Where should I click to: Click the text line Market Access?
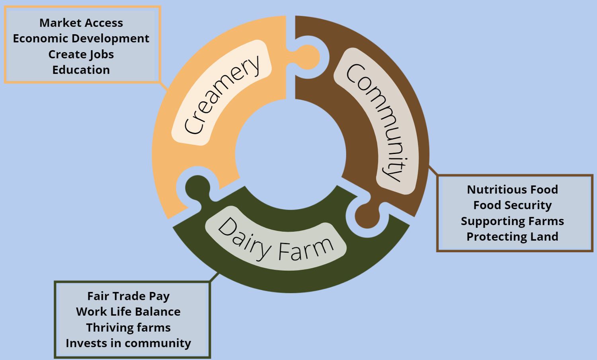tap(81, 23)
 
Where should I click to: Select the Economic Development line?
tap(81, 39)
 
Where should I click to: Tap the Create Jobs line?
tap(81, 54)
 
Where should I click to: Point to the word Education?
tap(81, 70)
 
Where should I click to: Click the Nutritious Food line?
tap(512, 190)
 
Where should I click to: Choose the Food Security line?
tap(512, 205)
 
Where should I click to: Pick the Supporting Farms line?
tap(512, 221)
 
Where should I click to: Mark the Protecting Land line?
tap(512, 237)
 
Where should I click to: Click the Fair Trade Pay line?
tap(128, 296)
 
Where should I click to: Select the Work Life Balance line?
tap(128, 312)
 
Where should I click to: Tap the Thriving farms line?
tap(128, 328)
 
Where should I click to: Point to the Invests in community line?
tap(128, 343)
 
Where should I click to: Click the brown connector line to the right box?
tap(433, 170)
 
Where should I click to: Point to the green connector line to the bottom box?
tap(215, 277)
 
